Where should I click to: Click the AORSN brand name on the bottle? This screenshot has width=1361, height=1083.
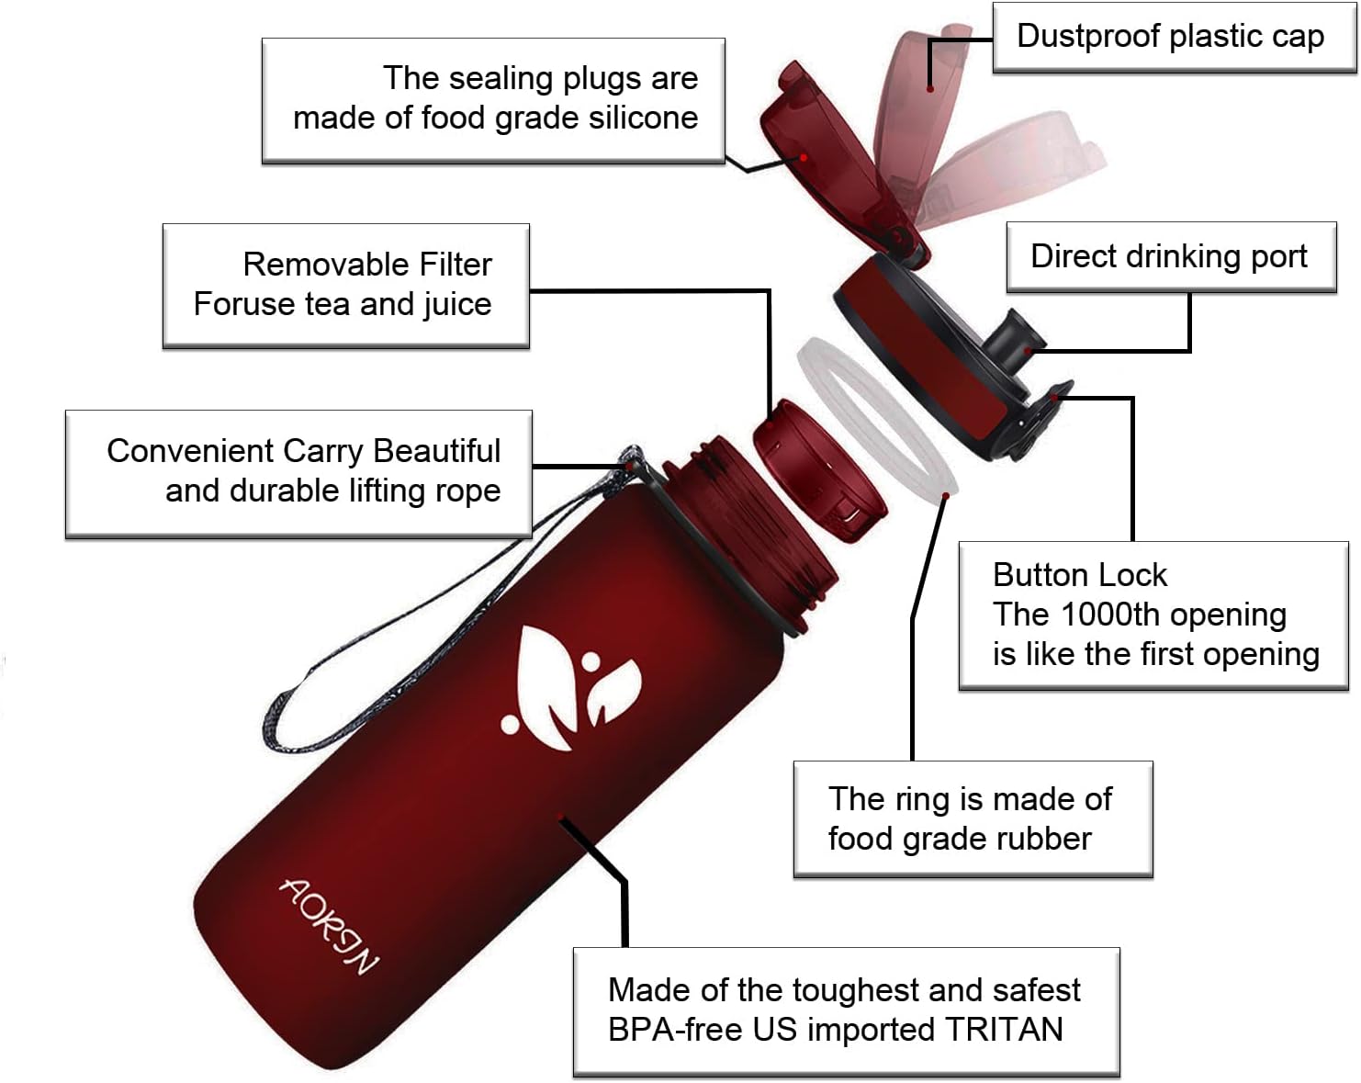329,926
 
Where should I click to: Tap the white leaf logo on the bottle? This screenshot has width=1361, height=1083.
569,686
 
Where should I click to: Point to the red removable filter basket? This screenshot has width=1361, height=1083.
820,471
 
